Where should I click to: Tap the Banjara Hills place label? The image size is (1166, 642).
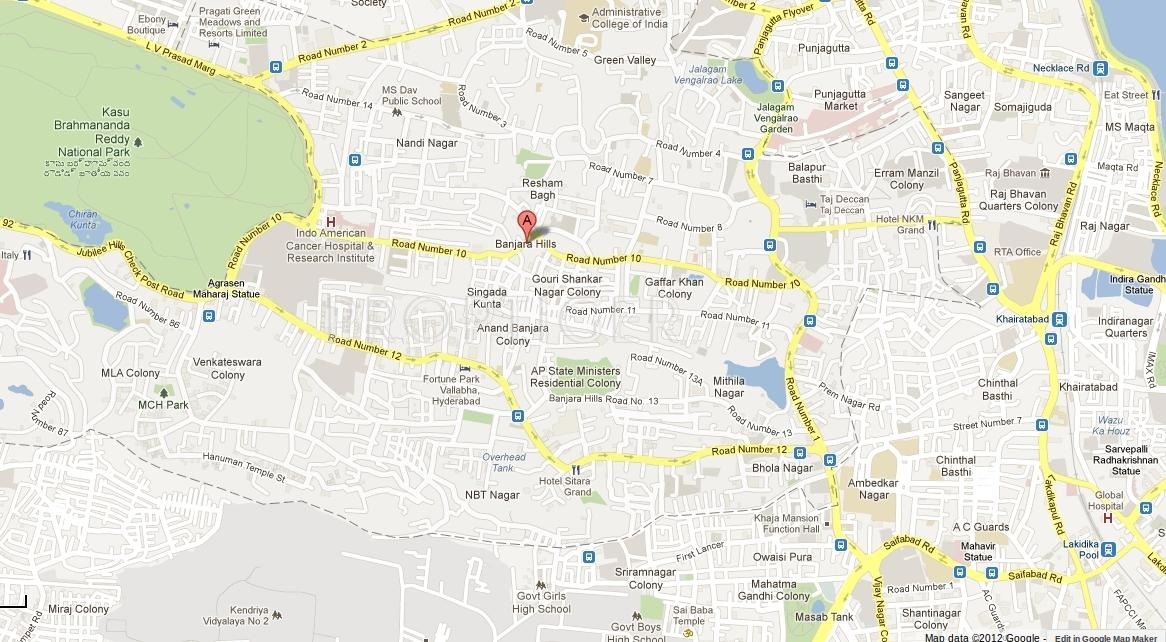pos(526,244)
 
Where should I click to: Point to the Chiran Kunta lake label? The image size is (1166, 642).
pos(85,219)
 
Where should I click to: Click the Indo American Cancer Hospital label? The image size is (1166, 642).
pos(330,246)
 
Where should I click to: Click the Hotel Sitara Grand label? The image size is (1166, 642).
pos(565,486)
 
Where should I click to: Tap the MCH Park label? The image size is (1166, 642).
pos(163,405)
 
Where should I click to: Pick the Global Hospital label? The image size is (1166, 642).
pos(1109,500)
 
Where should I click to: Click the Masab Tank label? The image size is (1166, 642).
pos(832,617)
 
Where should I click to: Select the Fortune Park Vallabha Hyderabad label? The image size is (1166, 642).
pos(451,390)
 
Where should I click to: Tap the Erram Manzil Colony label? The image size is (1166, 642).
pos(906,179)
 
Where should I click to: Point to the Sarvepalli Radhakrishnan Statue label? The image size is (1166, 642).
pos(1125,460)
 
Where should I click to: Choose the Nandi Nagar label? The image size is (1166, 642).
pos(426,143)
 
